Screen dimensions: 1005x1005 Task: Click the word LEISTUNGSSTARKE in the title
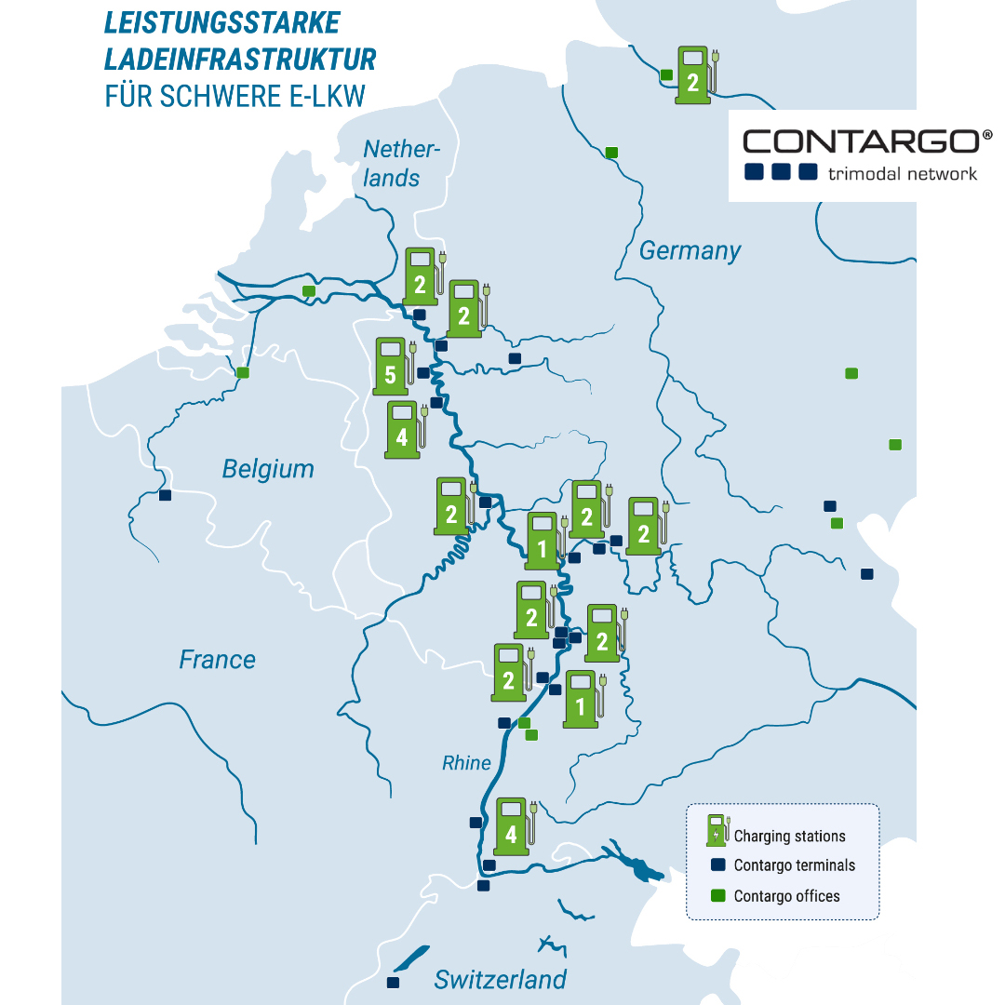[x=222, y=22]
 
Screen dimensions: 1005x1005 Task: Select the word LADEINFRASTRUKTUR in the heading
[x=240, y=60]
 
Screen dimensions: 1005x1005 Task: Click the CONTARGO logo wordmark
[x=867, y=141]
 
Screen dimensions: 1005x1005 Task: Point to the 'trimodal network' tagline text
[x=902, y=173]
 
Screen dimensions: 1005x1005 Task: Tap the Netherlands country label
[x=400, y=163]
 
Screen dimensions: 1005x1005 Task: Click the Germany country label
[x=690, y=251]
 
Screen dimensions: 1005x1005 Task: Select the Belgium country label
[x=268, y=469]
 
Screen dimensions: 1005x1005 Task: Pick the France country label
[x=217, y=660]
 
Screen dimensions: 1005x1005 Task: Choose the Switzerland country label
[x=500, y=980]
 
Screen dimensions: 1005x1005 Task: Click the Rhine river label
[x=466, y=763]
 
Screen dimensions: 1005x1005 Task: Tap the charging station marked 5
[x=391, y=362]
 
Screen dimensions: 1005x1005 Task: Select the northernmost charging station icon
[x=693, y=74]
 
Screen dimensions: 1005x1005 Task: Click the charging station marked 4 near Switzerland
[x=511, y=825]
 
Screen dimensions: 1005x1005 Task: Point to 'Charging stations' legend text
[x=789, y=837]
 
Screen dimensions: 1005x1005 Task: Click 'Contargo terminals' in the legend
[x=794, y=865]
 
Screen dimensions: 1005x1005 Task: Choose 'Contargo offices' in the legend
[x=786, y=896]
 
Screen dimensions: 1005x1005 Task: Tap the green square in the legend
[x=717, y=896]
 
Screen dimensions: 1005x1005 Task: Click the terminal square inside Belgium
[x=166, y=495]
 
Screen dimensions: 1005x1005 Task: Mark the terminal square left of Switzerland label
[x=393, y=983]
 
